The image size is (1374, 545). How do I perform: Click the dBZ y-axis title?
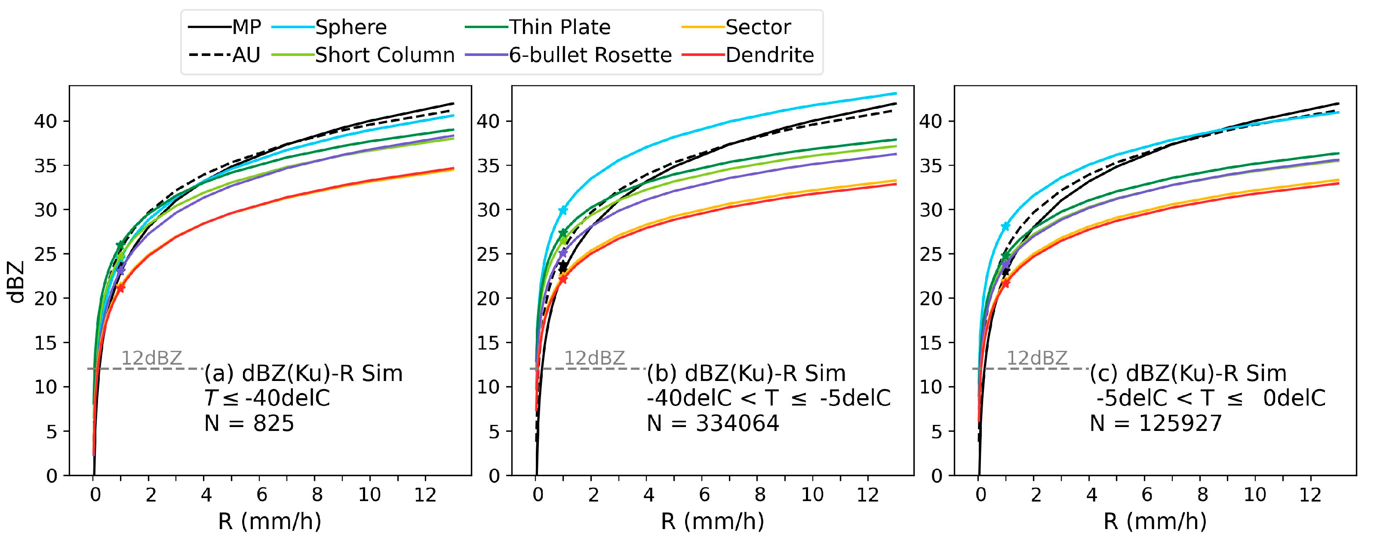(x=18, y=281)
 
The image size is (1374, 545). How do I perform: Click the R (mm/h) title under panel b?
(x=712, y=521)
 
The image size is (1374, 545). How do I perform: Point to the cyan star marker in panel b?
(x=563, y=211)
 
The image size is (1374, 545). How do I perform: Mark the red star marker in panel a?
(x=120, y=288)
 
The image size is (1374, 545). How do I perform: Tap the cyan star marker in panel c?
(x=1005, y=226)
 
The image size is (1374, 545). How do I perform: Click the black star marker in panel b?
(x=563, y=266)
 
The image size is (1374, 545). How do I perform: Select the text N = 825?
(x=249, y=423)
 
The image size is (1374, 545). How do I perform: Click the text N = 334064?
(x=713, y=423)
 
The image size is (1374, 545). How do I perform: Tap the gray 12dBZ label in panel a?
(x=152, y=358)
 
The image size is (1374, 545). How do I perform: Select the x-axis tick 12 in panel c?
(x=1310, y=495)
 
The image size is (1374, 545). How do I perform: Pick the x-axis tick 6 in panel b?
(x=704, y=495)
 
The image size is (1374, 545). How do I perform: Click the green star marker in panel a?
(x=120, y=245)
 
